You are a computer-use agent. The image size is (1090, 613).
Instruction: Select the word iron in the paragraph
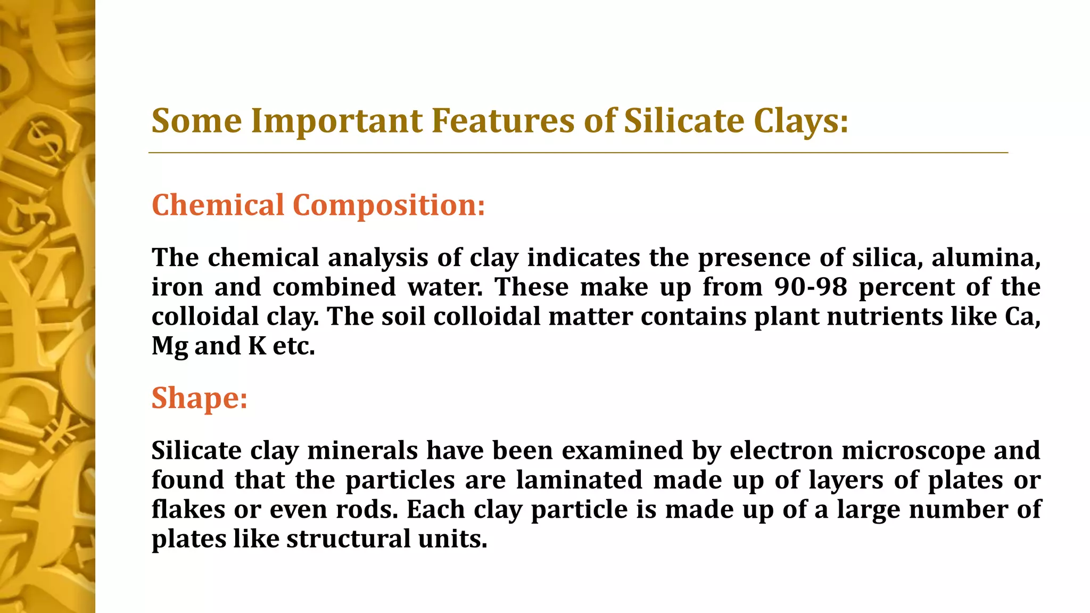(177, 287)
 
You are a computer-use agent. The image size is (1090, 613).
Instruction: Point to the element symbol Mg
(169, 346)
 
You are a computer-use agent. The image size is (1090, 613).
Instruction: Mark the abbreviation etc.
(294, 346)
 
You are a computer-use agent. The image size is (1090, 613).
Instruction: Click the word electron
(781, 451)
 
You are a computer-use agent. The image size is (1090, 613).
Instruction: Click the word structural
(348, 539)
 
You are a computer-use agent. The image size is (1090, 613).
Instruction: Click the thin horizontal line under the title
(578, 153)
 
